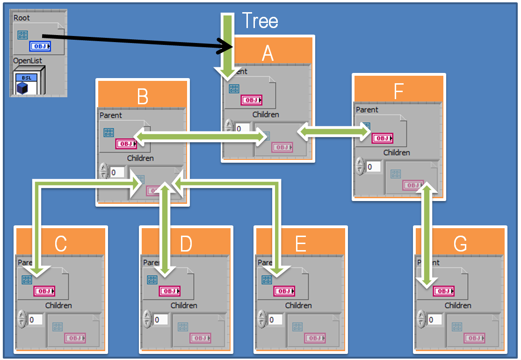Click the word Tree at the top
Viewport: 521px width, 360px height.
coord(260,21)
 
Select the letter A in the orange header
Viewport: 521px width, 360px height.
coord(268,53)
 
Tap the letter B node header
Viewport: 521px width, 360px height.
coord(143,97)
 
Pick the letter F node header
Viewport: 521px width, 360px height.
coord(398,92)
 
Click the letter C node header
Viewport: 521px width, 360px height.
coord(61,244)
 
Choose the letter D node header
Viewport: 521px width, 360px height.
coord(186,244)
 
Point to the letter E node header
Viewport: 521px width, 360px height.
coord(300,244)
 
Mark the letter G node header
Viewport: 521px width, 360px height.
coord(460,244)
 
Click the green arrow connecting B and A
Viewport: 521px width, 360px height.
coord(201,136)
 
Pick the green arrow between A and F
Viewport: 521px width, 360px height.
coord(333,133)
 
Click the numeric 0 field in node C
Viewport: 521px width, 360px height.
coord(36,320)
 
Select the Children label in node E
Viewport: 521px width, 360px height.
coord(298,305)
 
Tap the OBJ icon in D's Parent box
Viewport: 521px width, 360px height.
coord(169,291)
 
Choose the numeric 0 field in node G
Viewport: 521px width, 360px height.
coord(435,320)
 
